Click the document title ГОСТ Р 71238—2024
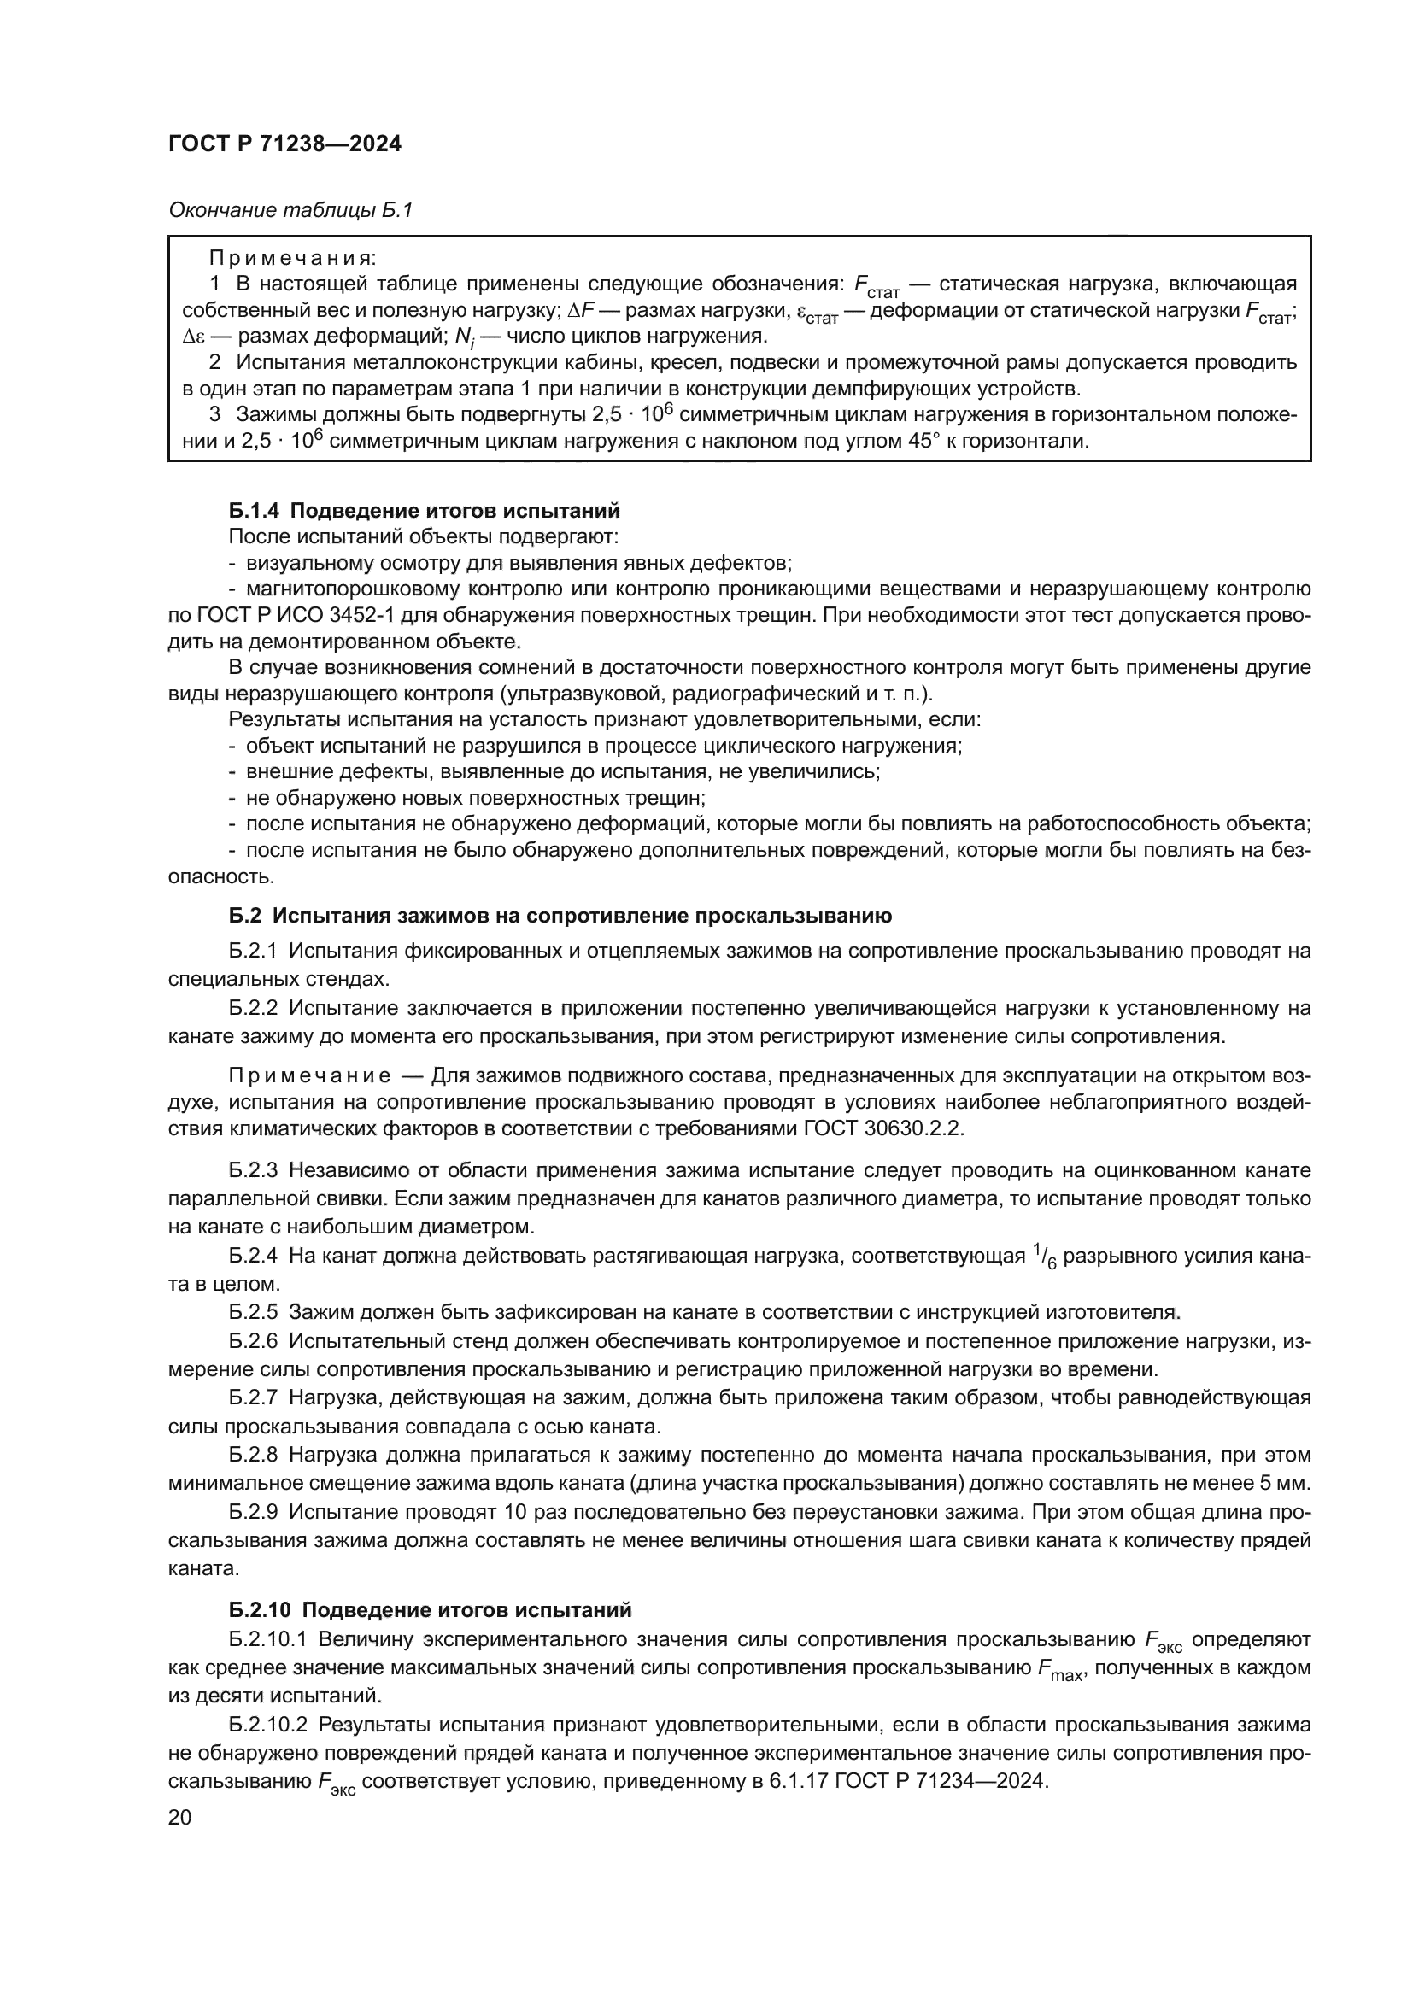pos(284,144)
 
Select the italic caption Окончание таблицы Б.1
pos(290,211)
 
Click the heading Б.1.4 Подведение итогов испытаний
pos(425,511)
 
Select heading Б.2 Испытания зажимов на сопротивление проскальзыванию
pos(560,916)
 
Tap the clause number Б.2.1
pos(253,951)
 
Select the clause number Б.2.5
pos(253,1311)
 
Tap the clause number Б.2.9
pos(253,1512)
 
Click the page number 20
pos(180,1817)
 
